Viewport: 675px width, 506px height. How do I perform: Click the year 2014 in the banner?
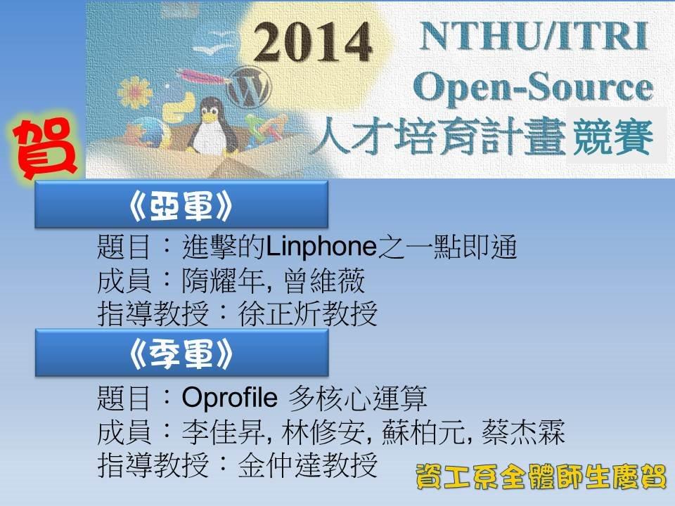tap(312, 42)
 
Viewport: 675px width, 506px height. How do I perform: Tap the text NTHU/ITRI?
tap(534, 36)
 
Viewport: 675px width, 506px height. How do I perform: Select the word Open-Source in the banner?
tap(533, 87)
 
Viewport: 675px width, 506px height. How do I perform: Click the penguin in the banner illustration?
tap(212, 126)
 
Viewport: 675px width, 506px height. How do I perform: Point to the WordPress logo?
tap(249, 89)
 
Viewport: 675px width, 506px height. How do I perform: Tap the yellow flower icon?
tap(135, 92)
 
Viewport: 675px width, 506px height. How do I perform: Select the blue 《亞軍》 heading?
tap(181, 204)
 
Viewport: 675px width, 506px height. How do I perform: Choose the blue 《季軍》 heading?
tap(181, 353)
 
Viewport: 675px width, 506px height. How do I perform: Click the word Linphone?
tap(321, 247)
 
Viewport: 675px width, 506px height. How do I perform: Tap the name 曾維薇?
tap(324, 280)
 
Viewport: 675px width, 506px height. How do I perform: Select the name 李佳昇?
tap(224, 432)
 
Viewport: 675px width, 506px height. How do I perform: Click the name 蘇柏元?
tap(423, 432)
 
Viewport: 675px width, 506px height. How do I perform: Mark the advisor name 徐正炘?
tap(280, 313)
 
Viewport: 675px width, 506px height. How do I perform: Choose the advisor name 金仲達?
tap(280, 465)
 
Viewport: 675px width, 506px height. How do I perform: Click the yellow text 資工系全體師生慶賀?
tap(541, 476)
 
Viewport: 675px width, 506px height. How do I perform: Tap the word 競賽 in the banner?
tap(613, 137)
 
